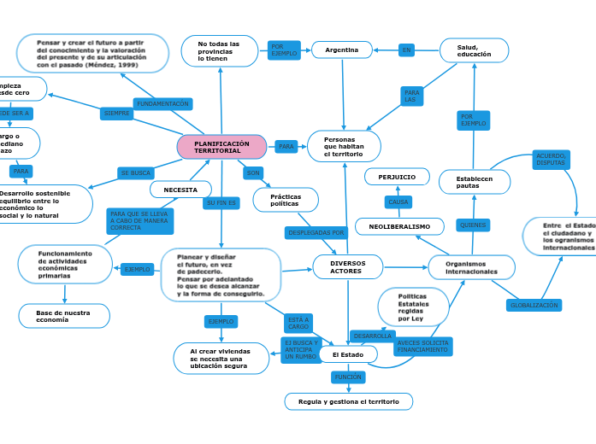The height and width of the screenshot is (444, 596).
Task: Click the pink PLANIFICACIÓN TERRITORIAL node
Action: tap(221, 147)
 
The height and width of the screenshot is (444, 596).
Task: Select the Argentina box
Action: tap(341, 50)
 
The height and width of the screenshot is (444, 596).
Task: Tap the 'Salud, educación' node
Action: tap(474, 50)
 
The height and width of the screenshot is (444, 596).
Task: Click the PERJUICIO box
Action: tap(397, 177)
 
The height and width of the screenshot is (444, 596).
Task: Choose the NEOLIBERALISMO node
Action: tap(399, 226)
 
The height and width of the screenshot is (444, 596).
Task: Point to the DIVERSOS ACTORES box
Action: tap(347, 267)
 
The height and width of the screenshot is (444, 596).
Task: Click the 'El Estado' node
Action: tap(348, 354)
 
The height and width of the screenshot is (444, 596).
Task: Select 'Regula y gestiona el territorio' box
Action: tap(348, 401)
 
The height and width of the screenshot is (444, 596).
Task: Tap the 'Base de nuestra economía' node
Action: tap(64, 316)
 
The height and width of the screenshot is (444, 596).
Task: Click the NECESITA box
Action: tap(180, 190)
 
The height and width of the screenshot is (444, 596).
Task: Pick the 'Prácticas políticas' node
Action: tap(286, 200)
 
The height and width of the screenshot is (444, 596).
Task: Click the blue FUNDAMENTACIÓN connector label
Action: tap(162, 104)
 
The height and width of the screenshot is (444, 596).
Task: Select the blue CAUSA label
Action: tap(398, 202)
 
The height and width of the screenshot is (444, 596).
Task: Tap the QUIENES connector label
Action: tap(472, 225)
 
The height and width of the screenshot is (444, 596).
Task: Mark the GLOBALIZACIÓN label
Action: tap(534, 305)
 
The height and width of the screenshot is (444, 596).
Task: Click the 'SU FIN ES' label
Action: tap(221, 203)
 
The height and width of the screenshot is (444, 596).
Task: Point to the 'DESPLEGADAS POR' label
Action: tap(316, 232)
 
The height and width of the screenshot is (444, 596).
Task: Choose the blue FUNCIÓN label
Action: tap(348, 377)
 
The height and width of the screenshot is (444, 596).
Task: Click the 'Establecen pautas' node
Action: tap(474, 182)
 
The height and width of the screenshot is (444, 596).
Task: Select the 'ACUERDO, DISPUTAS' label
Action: tap(551, 160)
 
